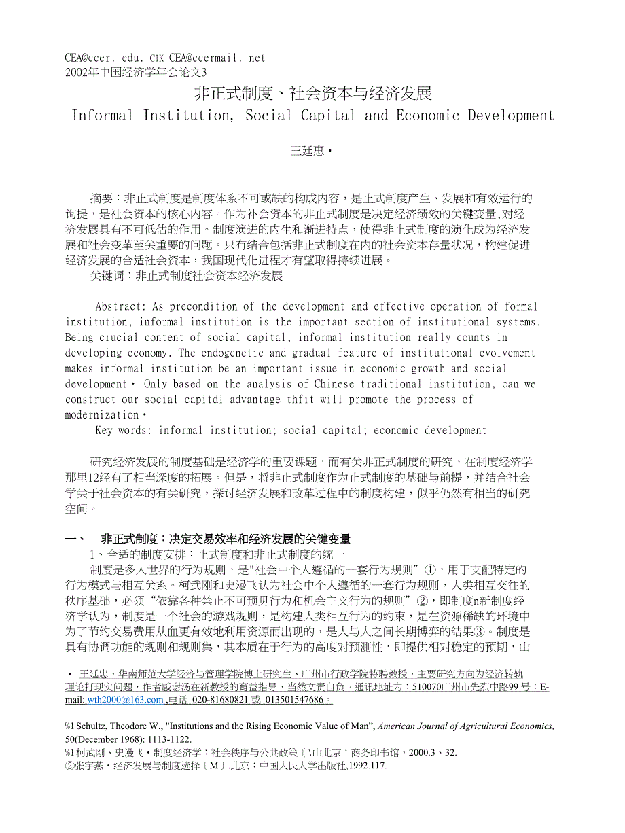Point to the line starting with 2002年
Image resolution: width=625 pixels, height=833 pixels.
point(135,71)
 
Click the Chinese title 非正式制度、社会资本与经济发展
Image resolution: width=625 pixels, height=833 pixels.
point(313,93)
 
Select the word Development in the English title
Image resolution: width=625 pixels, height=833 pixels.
point(511,115)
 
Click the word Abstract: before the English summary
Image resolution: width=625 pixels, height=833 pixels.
point(120,306)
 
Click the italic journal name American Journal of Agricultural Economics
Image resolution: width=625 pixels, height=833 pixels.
point(465,726)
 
